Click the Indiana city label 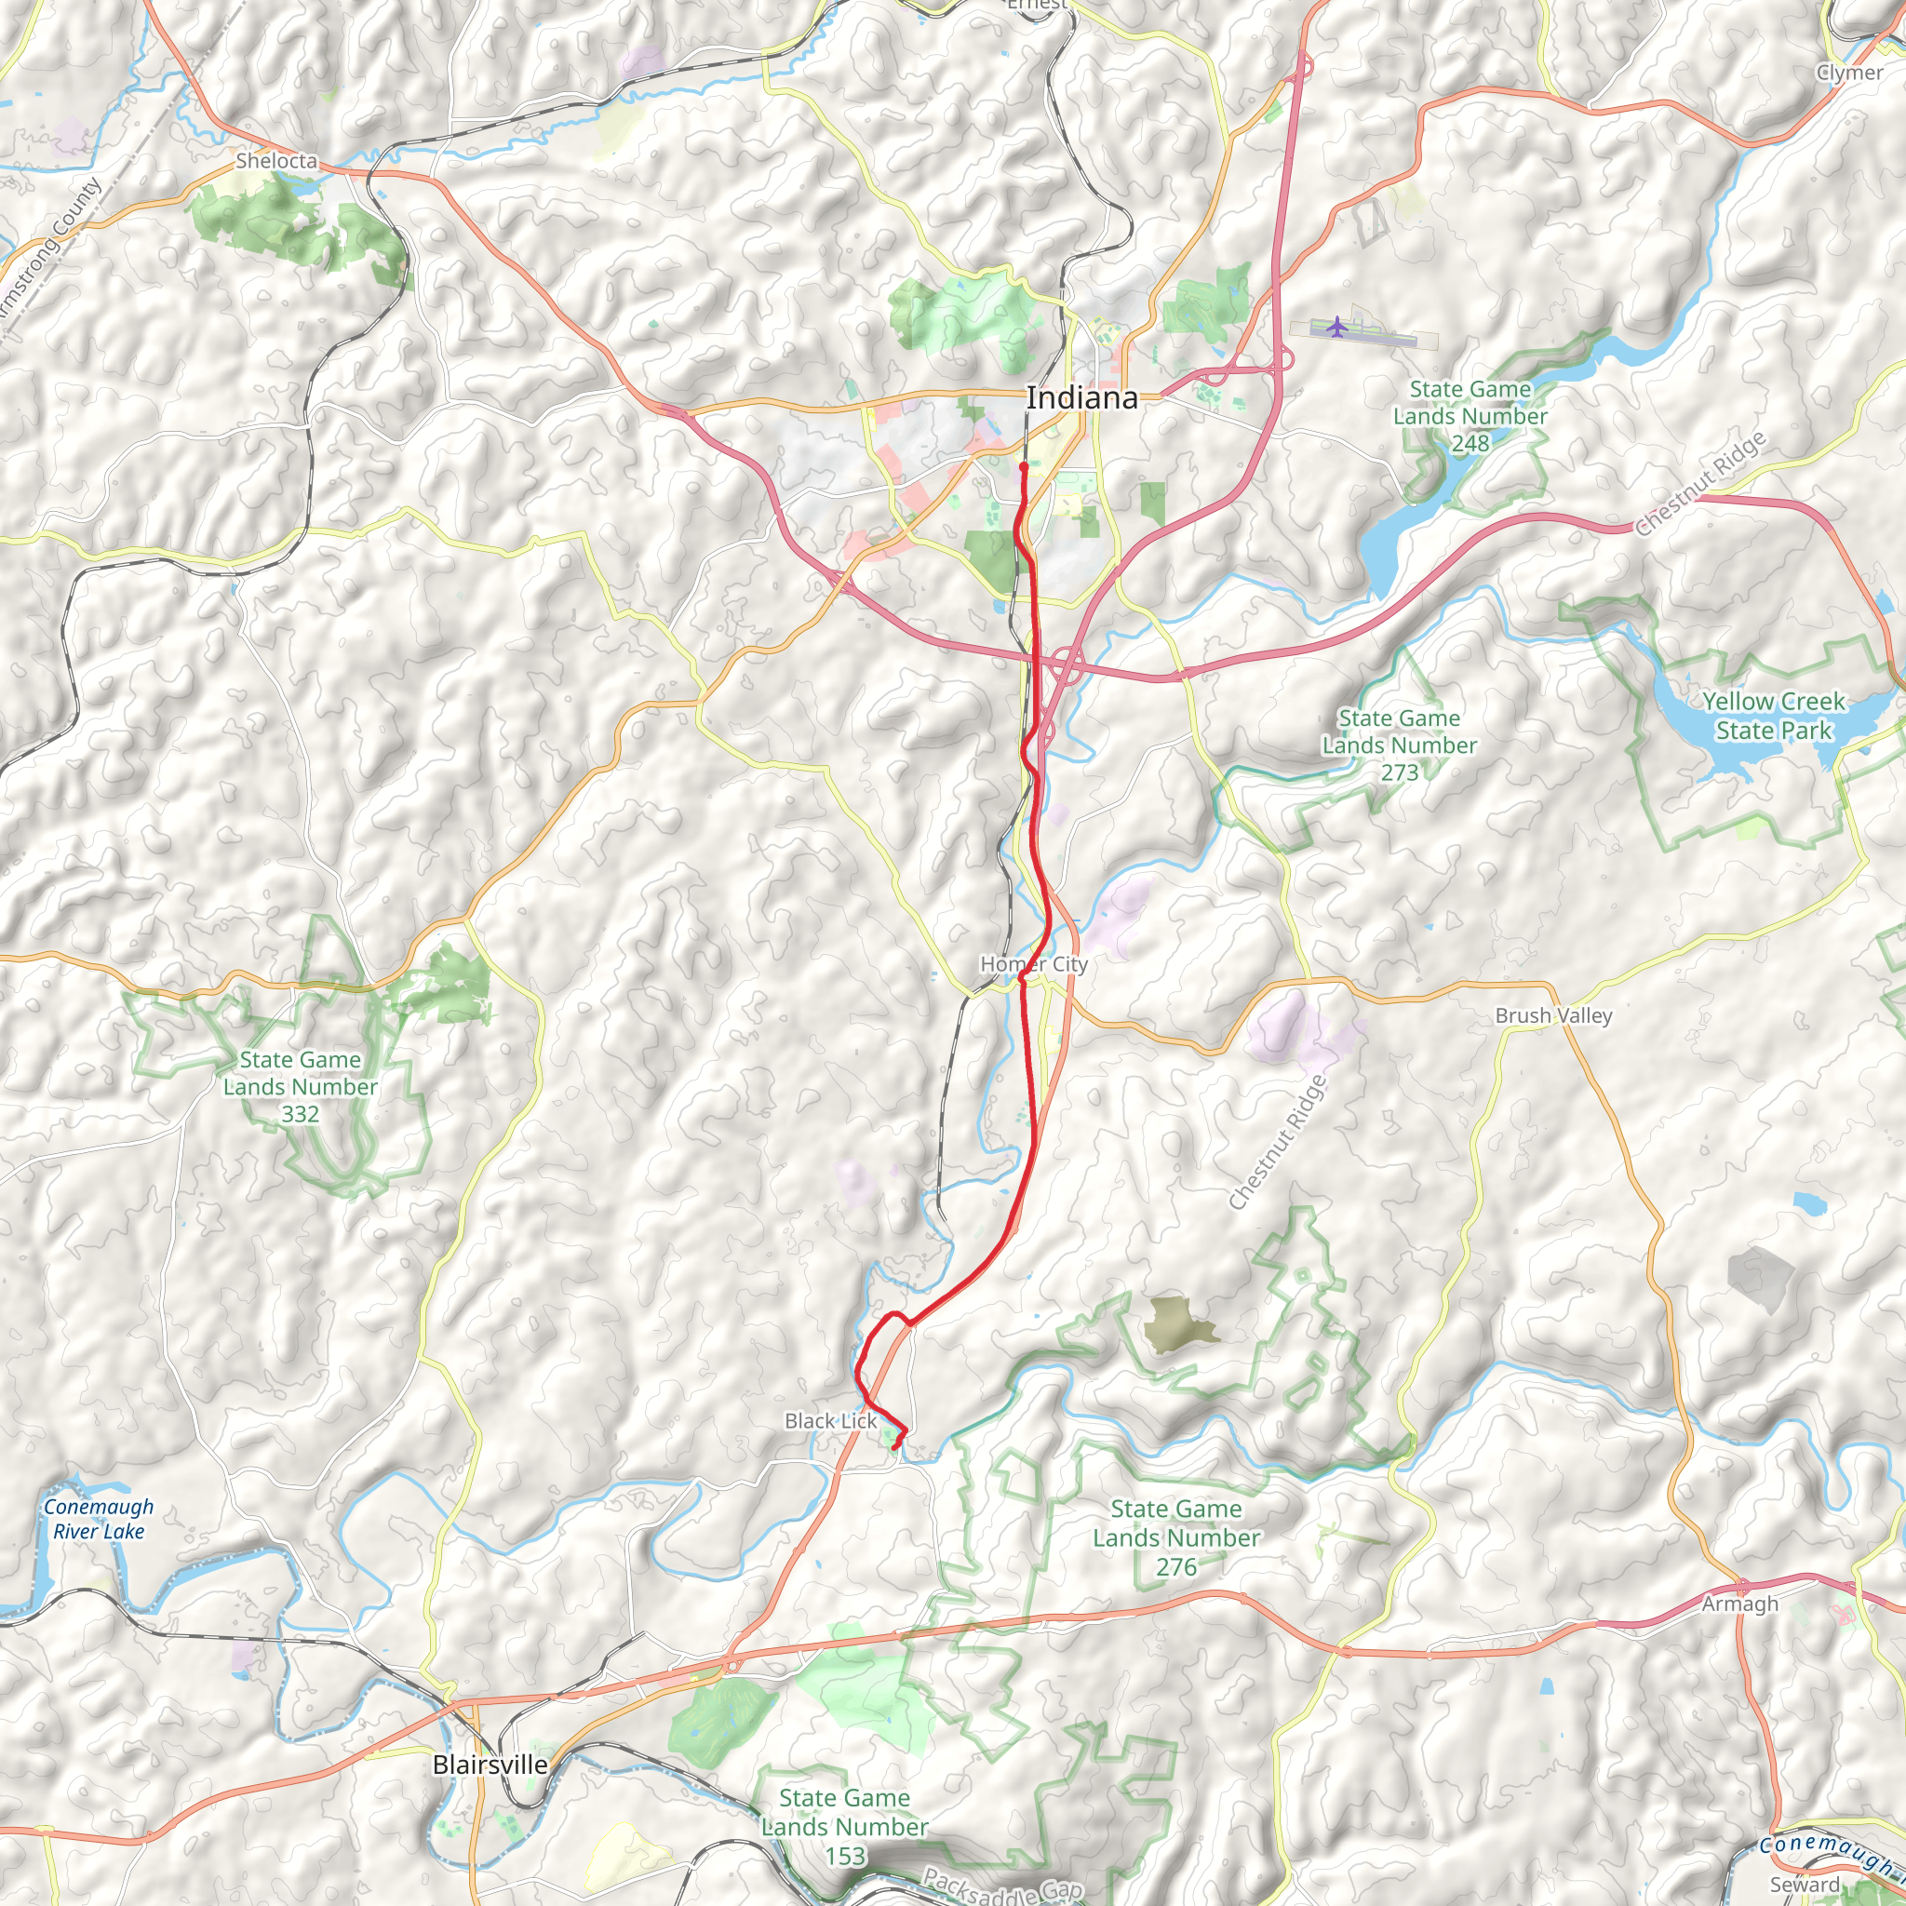coord(1081,397)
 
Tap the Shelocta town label coord(276,161)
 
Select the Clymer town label coord(1850,72)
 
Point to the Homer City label coord(1033,964)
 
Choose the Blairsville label coord(490,1764)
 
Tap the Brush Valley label coord(1553,1015)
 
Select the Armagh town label coord(1739,1604)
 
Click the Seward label coord(1805,1885)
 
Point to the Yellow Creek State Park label coord(1773,716)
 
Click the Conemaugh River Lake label coord(99,1519)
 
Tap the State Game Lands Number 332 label coord(300,1086)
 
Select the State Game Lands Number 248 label coord(1470,416)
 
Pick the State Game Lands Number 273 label coord(1399,745)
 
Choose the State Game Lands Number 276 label coord(1176,1537)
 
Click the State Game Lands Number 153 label coord(844,1826)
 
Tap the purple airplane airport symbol coord(1336,326)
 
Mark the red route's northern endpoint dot coord(1024,465)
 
